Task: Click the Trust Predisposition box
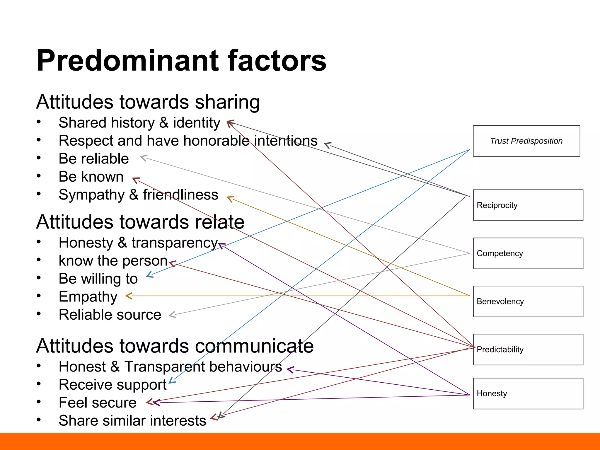click(x=526, y=141)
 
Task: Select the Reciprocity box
click(x=528, y=205)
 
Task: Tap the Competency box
click(x=528, y=253)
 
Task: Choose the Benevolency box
click(x=528, y=301)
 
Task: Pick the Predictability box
click(x=528, y=349)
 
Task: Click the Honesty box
click(x=528, y=393)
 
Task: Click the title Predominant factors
click(x=181, y=60)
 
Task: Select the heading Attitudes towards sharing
click(x=148, y=102)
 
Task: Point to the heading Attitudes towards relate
click(x=140, y=222)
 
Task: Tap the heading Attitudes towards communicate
click(x=175, y=346)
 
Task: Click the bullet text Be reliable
click(x=94, y=158)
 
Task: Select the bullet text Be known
click(x=91, y=177)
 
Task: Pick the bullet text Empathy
click(x=88, y=296)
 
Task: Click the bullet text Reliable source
click(x=110, y=315)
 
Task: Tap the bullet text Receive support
click(x=112, y=385)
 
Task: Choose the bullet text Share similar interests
click(x=132, y=421)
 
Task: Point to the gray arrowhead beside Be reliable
click(x=143, y=158)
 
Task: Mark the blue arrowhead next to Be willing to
click(x=149, y=275)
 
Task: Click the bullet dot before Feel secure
click(x=39, y=402)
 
